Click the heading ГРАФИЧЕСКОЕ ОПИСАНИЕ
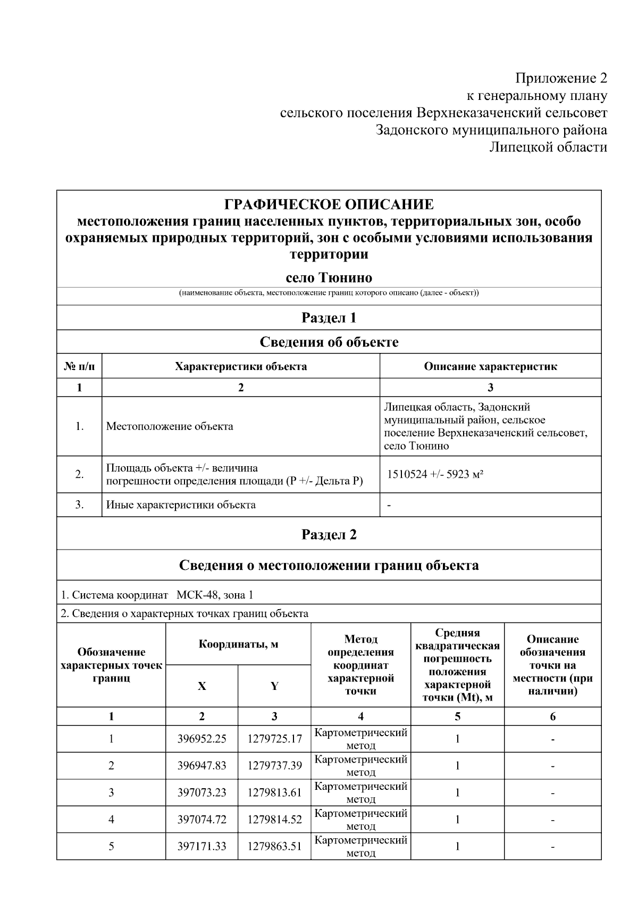(x=329, y=205)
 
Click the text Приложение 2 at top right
(x=561, y=79)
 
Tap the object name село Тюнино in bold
(x=329, y=278)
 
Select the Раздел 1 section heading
(x=329, y=318)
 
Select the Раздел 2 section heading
(x=329, y=535)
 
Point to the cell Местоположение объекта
(x=170, y=426)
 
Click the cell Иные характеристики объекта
(x=181, y=505)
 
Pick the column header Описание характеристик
(x=490, y=366)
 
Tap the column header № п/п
(x=79, y=366)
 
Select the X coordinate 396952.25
(x=202, y=739)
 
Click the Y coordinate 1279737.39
(x=274, y=766)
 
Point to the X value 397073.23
(x=202, y=793)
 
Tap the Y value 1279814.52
(x=274, y=820)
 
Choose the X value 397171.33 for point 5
(x=202, y=847)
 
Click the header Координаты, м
(x=238, y=645)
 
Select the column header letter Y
(x=274, y=686)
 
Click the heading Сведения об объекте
(x=329, y=342)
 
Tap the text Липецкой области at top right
(x=548, y=147)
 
